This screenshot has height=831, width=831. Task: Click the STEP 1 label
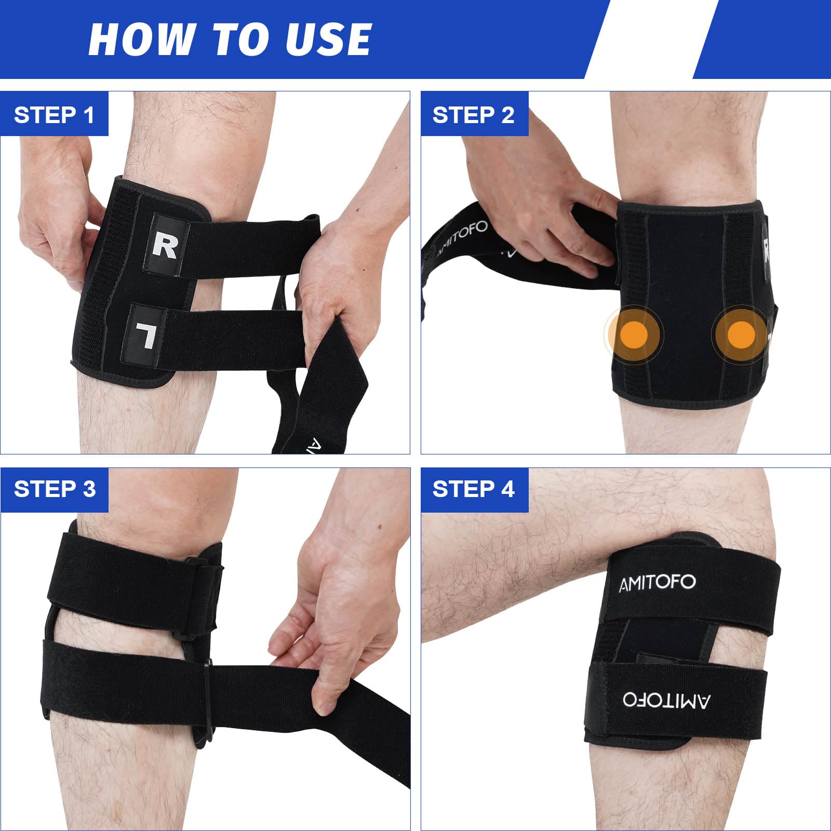point(54,115)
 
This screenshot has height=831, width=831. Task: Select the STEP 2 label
point(473,115)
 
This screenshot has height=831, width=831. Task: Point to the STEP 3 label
point(55,489)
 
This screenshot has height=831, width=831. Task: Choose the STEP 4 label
point(473,489)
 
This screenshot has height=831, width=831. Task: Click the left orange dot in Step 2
point(634,334)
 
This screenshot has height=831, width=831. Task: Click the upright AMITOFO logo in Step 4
point(657,583)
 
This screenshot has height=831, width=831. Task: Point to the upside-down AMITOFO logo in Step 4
point(667,700)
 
